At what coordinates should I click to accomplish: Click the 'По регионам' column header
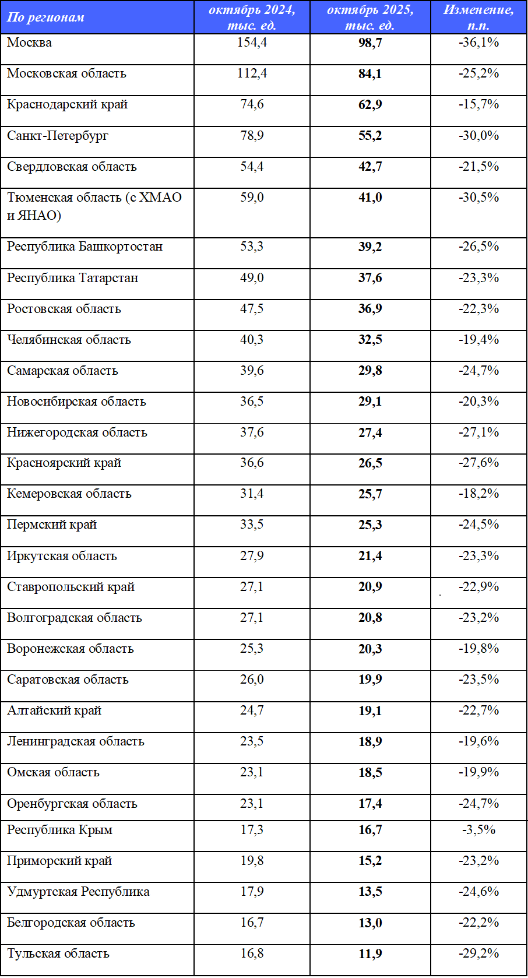45,17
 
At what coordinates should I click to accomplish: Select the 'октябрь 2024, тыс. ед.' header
252,17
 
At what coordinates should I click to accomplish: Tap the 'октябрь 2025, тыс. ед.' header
370,17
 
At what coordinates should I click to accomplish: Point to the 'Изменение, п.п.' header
478,17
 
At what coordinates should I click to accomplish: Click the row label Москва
29,43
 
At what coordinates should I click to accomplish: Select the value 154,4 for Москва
252,43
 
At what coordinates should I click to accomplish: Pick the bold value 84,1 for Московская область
370,74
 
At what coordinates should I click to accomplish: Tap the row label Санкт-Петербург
58,136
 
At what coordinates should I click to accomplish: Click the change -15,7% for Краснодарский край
478,105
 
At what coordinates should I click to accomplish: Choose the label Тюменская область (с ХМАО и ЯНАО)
93,206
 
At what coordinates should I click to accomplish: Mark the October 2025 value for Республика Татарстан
370,278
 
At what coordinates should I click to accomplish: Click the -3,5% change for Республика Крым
478,830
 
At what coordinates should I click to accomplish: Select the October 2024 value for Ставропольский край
252,587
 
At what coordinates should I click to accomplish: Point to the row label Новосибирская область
76,402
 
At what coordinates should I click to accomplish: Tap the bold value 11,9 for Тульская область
370,954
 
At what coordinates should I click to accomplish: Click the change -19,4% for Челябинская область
478,340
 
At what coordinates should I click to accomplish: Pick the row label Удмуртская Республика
78,892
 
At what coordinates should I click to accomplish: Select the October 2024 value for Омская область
252,772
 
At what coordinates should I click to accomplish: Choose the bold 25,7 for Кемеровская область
370,494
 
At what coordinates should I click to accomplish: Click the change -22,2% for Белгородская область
478,923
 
